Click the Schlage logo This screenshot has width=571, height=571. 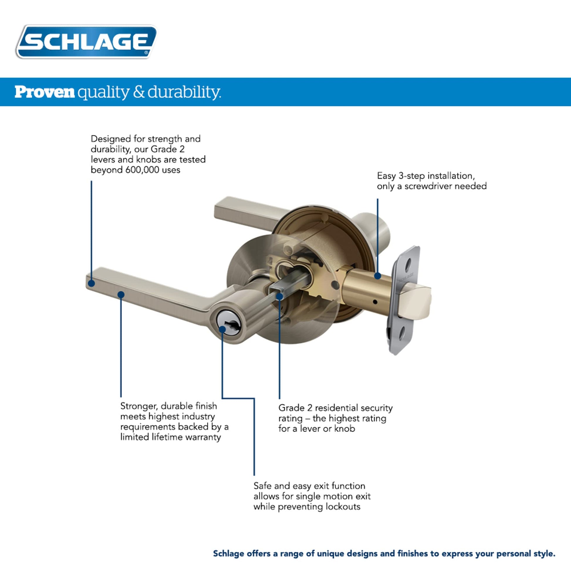(86, 41)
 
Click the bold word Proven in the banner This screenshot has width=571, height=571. (45, 92)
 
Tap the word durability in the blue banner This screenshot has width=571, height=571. (184, 92)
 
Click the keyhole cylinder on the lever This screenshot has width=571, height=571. (229, 326)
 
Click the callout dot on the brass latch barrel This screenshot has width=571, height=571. (377, 276)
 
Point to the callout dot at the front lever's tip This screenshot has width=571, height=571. (92, 283)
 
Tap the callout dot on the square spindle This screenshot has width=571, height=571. (279, 296)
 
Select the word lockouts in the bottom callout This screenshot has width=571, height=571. (343, 507)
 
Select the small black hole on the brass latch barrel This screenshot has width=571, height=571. (375, 302)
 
